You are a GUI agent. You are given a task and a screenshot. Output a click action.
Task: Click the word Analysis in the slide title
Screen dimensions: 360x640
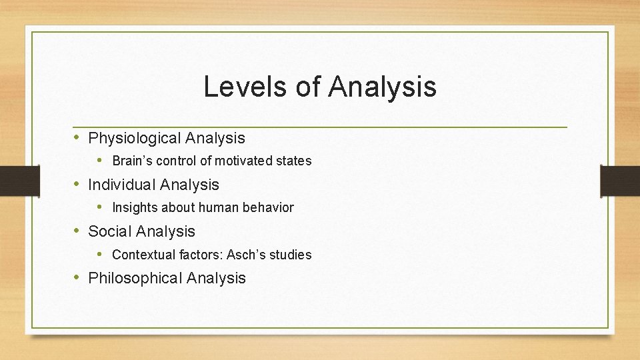coord(383,87)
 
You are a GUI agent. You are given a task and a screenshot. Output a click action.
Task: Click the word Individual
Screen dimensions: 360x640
coord(123,185)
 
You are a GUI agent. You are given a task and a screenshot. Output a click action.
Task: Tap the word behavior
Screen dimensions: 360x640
coord(268,208)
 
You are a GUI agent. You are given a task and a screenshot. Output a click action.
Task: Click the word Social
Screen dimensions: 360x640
coord(109,231)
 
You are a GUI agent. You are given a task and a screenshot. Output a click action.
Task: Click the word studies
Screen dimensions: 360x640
coord(291,255)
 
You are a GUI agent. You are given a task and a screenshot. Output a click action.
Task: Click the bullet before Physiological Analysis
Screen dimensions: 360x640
coord(78,138)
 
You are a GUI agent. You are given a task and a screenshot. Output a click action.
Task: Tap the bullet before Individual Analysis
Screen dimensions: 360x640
coord(78,184)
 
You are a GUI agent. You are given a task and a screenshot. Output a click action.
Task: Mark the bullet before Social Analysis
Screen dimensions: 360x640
coord(78,231)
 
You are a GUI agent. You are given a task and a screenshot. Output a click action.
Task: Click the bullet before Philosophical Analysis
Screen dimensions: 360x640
coord(78,277)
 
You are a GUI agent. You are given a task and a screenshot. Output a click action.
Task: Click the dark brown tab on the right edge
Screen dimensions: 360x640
coord(619,181)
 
